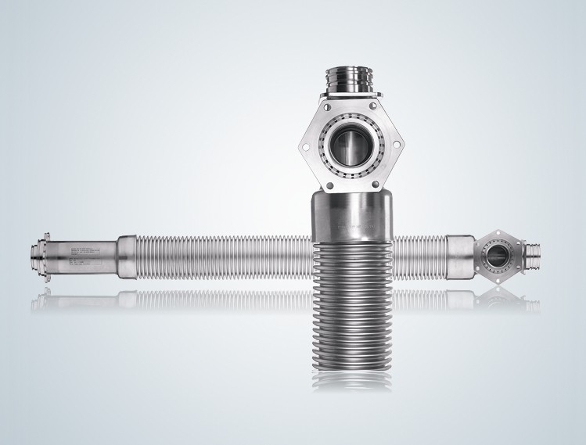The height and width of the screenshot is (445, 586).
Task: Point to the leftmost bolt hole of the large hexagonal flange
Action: [x=307, y=145]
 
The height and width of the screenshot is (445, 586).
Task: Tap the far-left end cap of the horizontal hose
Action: [x=33, y=254]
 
